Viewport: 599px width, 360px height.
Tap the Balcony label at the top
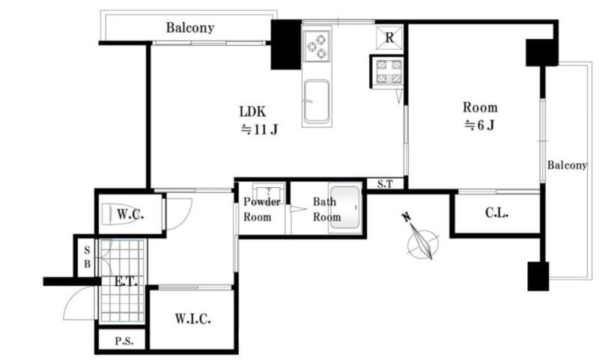190,28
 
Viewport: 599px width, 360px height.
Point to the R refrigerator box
389,37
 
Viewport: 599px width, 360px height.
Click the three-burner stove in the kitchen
317,46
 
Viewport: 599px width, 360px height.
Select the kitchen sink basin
316,101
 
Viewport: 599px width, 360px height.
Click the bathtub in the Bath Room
345,207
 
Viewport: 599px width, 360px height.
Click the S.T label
385,184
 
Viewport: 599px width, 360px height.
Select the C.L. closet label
496,213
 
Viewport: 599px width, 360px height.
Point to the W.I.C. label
192,318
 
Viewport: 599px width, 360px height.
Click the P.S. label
124,341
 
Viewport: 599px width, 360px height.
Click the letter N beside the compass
406,218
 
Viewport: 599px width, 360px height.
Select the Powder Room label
261,210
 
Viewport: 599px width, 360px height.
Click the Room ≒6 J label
480,116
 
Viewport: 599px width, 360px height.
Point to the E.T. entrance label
126,282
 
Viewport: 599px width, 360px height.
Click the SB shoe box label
87,257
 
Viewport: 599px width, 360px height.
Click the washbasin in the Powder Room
269,190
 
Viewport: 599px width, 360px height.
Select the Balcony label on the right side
567,165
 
